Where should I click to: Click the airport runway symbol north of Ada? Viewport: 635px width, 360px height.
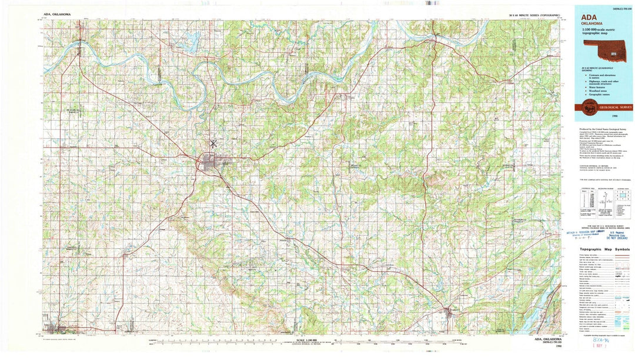212,143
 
